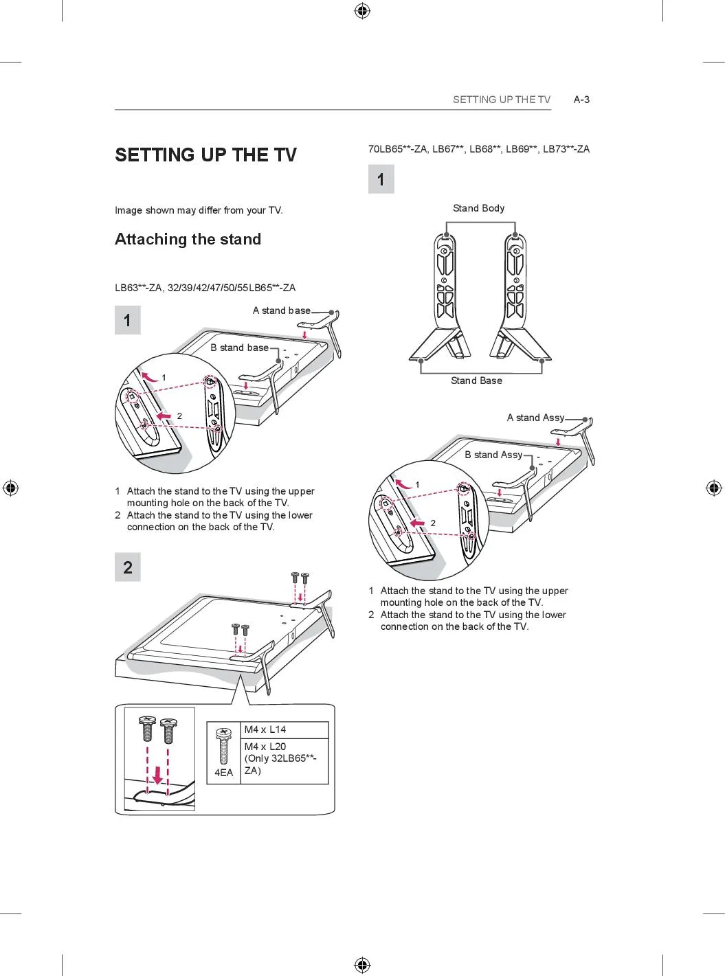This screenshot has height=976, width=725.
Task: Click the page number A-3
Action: [x=581, y=100]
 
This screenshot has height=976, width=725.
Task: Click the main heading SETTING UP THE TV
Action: [x=205, y=155]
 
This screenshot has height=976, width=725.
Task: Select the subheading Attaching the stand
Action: [x=188, y=239]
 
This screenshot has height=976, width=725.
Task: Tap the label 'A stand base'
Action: [x=281, y=310]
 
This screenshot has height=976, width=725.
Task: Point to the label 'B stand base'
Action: [x=239, y=348]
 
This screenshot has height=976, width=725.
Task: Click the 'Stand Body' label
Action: [x=478, y=208]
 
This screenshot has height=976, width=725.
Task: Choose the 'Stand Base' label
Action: [x=476, y=381]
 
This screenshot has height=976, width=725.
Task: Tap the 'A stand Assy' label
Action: [x=535, y=418]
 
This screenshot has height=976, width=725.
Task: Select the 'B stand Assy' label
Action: [x=493, y=455]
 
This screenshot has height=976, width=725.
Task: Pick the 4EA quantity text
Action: [x=223, y=773]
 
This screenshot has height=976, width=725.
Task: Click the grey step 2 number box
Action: [x=128, y=567]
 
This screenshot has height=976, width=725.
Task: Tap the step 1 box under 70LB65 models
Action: [x=381, y=179]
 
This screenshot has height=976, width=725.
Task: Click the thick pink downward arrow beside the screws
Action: [x=158, y=775]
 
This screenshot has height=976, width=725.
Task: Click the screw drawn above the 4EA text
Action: [x=223, y=747]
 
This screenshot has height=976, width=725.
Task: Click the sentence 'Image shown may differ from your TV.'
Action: [x=199, y=210]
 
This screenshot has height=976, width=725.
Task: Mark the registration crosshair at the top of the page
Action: [x=362, y=10]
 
